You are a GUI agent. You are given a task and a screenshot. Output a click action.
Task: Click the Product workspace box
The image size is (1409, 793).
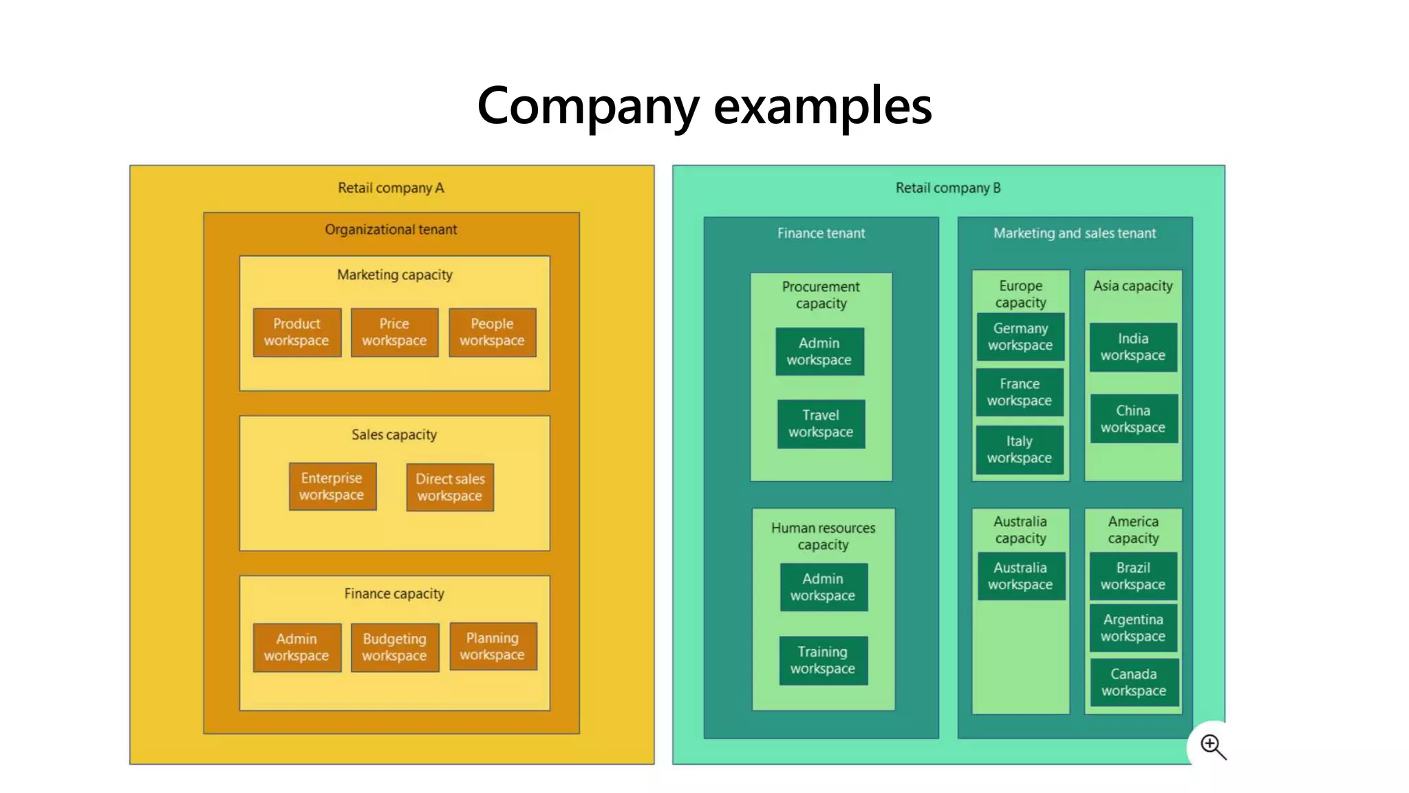[x=297, y=332]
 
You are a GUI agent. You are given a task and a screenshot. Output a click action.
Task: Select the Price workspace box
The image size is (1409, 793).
[x=394, y=332]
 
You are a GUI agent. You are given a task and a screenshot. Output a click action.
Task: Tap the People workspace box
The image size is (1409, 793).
[x=492, y=332]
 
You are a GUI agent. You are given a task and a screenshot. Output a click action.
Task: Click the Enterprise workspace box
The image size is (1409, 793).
[x=332, y=487]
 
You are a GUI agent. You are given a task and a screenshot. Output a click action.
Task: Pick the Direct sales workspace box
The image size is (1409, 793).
[x=450, y=487]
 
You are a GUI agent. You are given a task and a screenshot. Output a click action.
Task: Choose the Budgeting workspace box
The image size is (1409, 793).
[x=394, y=648]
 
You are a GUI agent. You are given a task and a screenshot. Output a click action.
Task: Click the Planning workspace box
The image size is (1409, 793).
[x=493, y=646]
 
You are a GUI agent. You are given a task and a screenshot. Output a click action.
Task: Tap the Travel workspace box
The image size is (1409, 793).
[x=821, y=424]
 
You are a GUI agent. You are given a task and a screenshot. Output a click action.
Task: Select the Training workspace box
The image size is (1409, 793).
[x=823, y=660]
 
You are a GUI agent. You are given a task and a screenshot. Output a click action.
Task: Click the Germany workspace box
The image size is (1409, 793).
[x=1020, y=337]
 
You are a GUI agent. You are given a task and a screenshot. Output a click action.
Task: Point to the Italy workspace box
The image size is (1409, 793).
[x=1019, y=450]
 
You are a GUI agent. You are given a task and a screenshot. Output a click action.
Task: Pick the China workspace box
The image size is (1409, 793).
[x=1133, y=419]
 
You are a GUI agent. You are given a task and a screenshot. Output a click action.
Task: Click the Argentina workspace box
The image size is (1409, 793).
[x=1133, y=628]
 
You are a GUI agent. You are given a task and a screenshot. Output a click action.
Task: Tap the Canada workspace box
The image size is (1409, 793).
[x=1133, y=682]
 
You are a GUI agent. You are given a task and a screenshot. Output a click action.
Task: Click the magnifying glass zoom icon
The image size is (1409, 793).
[x=1213, y=746]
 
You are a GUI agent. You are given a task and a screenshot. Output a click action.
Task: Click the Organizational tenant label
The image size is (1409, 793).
[x=391, y=230]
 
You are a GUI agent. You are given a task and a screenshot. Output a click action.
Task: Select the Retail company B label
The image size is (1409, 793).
[x=948, y=188]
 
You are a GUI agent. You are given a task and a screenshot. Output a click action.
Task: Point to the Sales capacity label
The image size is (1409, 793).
[x=394, y=435]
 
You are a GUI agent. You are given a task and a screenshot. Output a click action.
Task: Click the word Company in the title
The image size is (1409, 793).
[x=588, y=107]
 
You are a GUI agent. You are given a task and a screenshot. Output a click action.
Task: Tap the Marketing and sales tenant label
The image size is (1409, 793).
[x=1075, y=233]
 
